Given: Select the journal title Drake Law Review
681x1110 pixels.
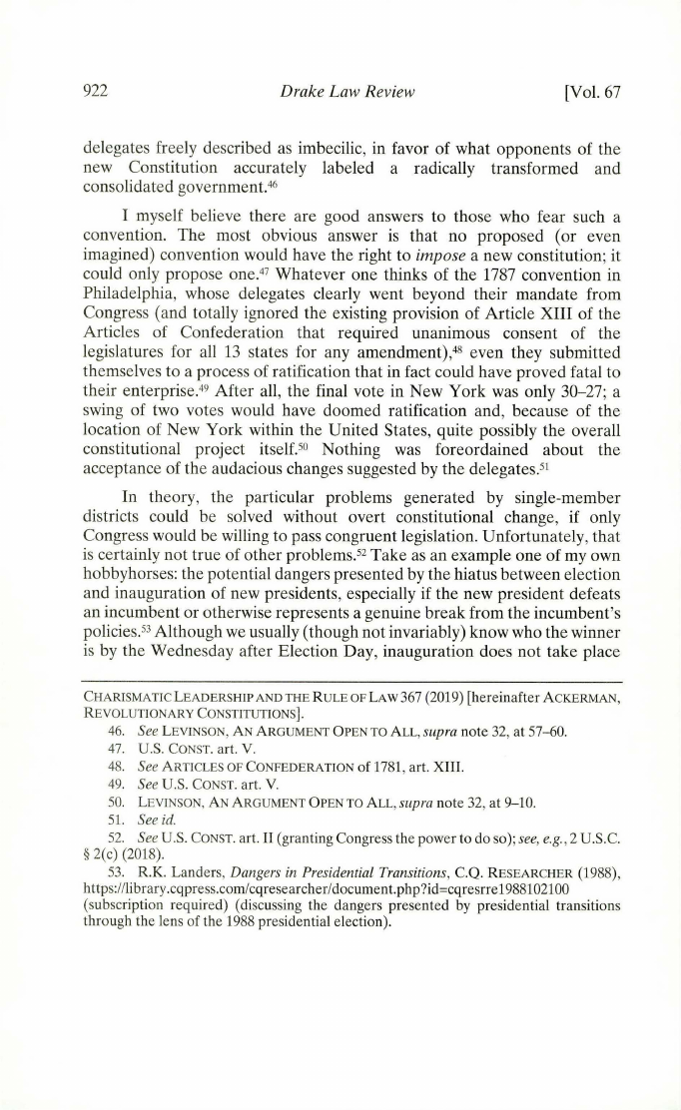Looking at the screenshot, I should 341,93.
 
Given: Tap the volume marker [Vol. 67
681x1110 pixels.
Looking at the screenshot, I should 592,93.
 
